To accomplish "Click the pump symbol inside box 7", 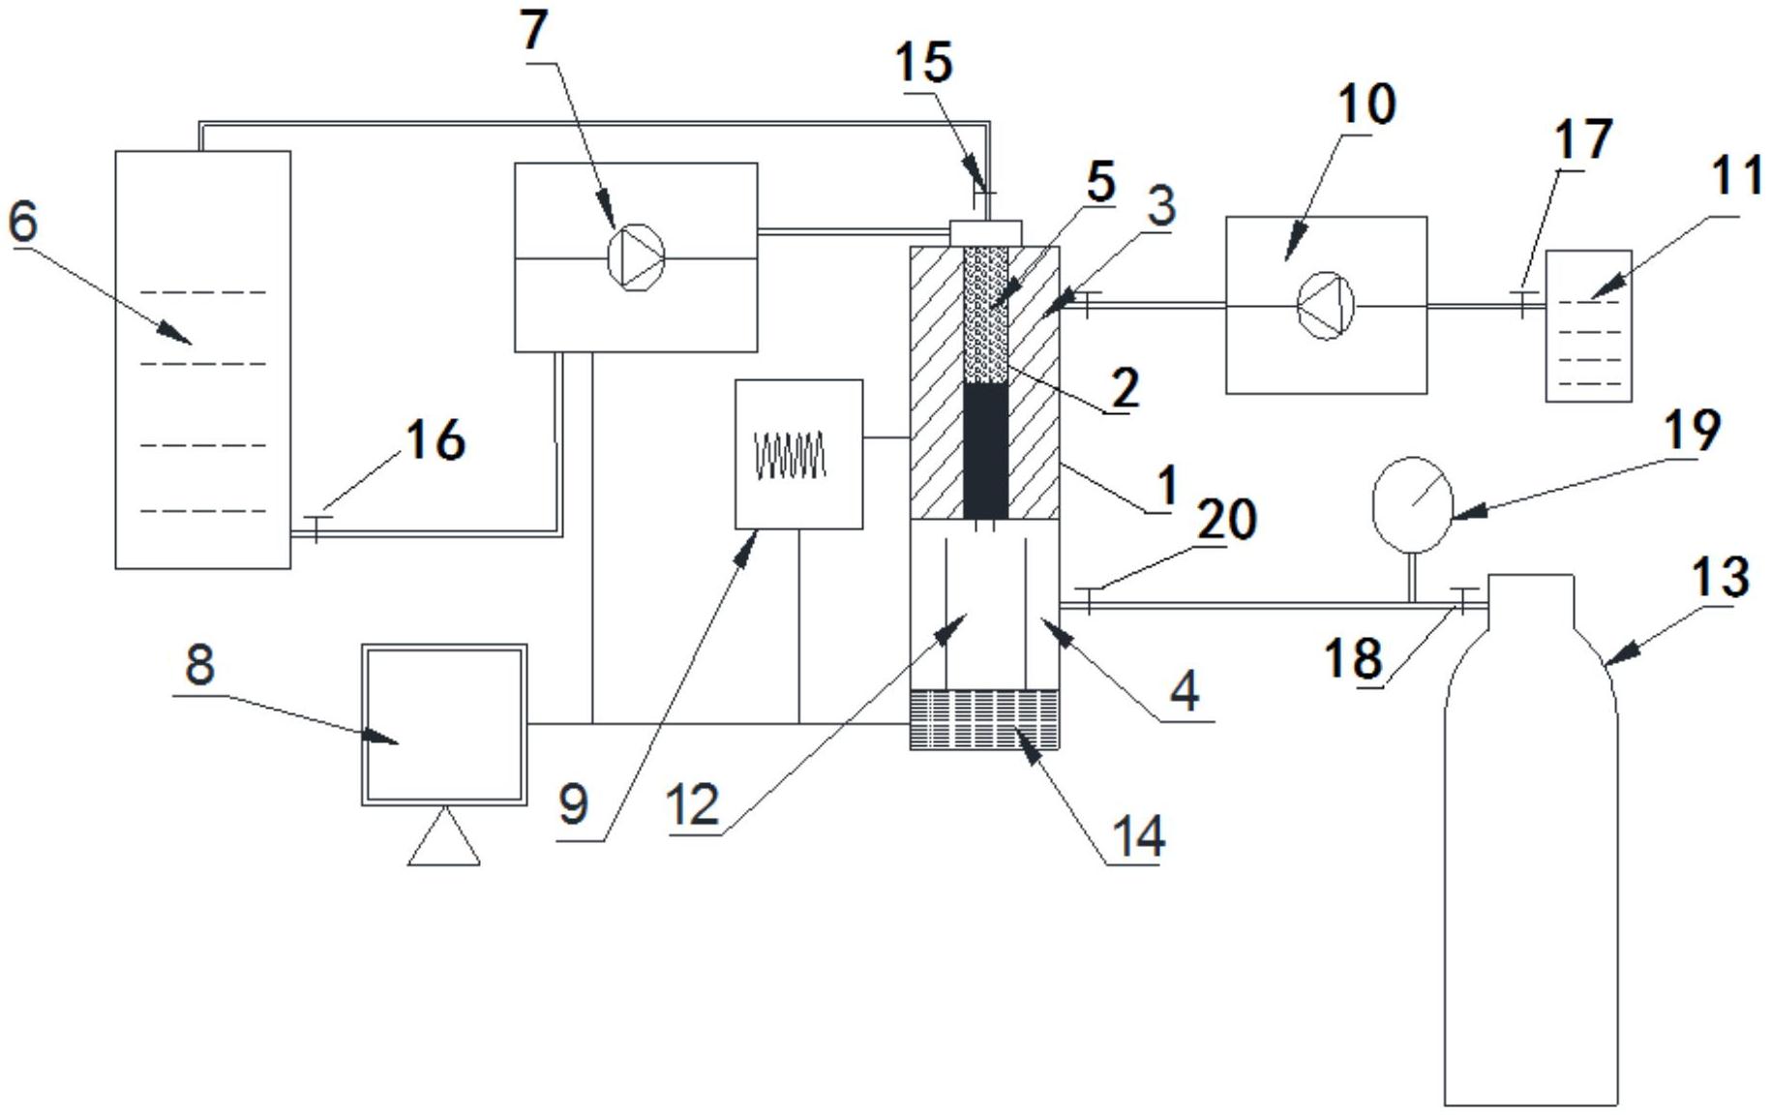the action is coord(636,256).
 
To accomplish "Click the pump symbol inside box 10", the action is coord(1325,306).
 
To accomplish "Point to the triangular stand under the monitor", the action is coord(444,836).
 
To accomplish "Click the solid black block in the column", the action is coord(986,451).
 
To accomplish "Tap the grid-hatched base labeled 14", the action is coord(985,719).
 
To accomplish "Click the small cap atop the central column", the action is coord(986,232).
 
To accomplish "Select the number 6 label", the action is coord(23,221).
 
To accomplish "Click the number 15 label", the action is coord(924,63).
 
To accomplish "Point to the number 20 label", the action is coord(1226,519).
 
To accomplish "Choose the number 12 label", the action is coord(694,805).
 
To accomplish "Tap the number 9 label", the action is coord(573,804).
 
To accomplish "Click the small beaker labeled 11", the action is coord(1588,326).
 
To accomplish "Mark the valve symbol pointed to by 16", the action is coord(316,528).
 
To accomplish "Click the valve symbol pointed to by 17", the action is coord(1522,303).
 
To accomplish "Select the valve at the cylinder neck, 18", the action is coord(1462,600).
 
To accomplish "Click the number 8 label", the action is coord(199,666).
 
